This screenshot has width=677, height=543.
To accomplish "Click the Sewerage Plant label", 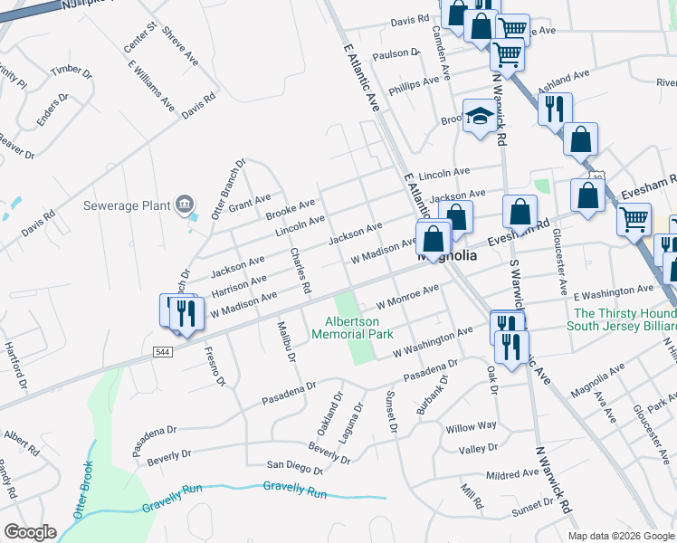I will [x=126, y=205].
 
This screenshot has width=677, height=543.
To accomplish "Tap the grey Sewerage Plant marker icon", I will [x=186, y=205].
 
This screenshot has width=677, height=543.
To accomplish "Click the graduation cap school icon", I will [x=480, y=116].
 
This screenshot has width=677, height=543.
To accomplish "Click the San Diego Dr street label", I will [x=294, y=467].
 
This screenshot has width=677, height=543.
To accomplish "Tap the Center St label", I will [x=136, y=35].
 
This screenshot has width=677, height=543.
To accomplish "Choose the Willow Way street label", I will [x=471, y=426].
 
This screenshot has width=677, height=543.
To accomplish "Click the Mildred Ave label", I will [x=511, y=474].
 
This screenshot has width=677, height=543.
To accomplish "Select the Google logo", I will [x=31, y=531].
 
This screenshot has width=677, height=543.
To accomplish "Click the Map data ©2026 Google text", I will [x=620, y=536].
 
